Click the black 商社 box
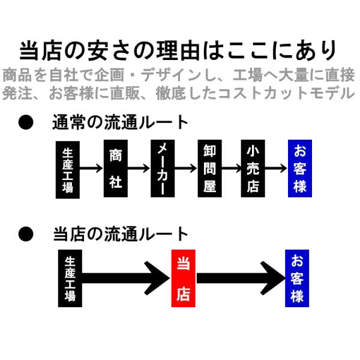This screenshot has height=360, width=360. [x=115, y=168]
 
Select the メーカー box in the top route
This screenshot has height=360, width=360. [x=163, y=168]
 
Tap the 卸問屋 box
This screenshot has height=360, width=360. [x=209, y=168]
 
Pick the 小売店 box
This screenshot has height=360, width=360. [x=253, y=168]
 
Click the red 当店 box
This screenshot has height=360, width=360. [x=183, y=278]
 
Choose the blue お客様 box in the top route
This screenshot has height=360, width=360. [x=300, y=168]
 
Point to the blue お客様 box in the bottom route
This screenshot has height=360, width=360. [x=297, y=278]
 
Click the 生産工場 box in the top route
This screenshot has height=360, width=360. [x=68, y=170]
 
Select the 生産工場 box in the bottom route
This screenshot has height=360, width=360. [x=70, y=278]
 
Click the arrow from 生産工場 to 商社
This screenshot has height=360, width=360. [x=91, y=169]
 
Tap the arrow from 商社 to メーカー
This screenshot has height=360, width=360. [x=139, y=169]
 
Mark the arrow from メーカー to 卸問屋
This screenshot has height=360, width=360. [x=186, y=169]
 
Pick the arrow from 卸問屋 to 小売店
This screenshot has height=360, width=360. [x=231, y=169]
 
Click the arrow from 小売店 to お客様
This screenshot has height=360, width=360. [x=276, y=169]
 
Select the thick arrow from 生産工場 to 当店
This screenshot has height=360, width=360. [x=126, y=278]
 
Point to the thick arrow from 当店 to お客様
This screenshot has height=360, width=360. [x=241, y=278]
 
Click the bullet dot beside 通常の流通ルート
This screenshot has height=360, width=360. [x=26, y=122]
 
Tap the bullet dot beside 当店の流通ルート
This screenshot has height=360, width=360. [x=26, y=234]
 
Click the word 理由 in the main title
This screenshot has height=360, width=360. [x=178, y=50]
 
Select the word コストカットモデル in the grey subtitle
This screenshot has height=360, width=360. [x=286, y=93]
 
